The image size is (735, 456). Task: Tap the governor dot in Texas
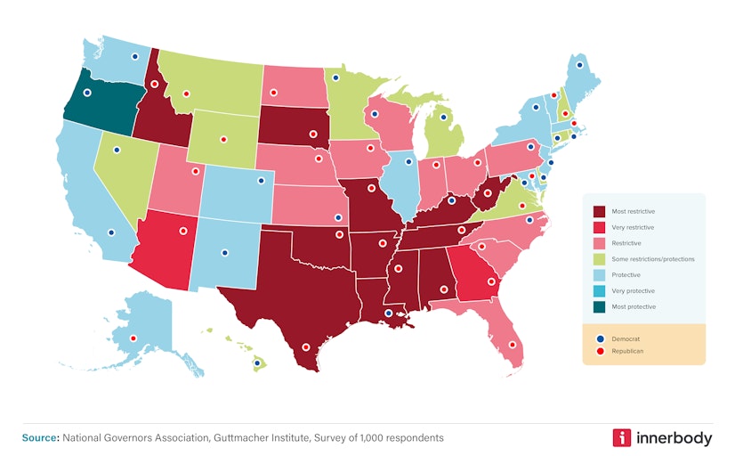tap(306, 347)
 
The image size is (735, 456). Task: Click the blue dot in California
tap(111, 233)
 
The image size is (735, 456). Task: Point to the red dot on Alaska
tap(133, 338)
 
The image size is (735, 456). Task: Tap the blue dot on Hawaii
tap(257, 363)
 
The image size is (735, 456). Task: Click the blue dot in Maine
tap(580, 65)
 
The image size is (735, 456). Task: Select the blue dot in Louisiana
tap(388, 313)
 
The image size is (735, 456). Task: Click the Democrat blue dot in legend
tap(601, 338)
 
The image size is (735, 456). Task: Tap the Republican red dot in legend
tap(601, 351)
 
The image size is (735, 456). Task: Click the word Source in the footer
tap(39, 437)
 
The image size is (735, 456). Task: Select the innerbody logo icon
tap(623, 437)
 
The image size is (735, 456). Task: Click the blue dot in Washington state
tap(135, 56)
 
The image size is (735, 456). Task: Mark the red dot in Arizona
tap(183, 231)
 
